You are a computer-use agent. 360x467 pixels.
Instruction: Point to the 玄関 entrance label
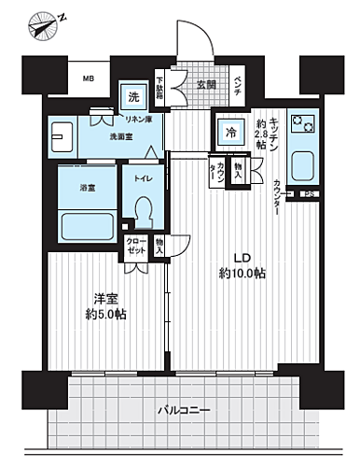tap(206, 83)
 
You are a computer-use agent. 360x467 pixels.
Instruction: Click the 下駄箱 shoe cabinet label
tap(159, 88)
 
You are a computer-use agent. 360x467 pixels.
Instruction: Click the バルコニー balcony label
tap(183, 410)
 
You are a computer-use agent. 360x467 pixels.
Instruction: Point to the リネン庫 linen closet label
tap(139, 119)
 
